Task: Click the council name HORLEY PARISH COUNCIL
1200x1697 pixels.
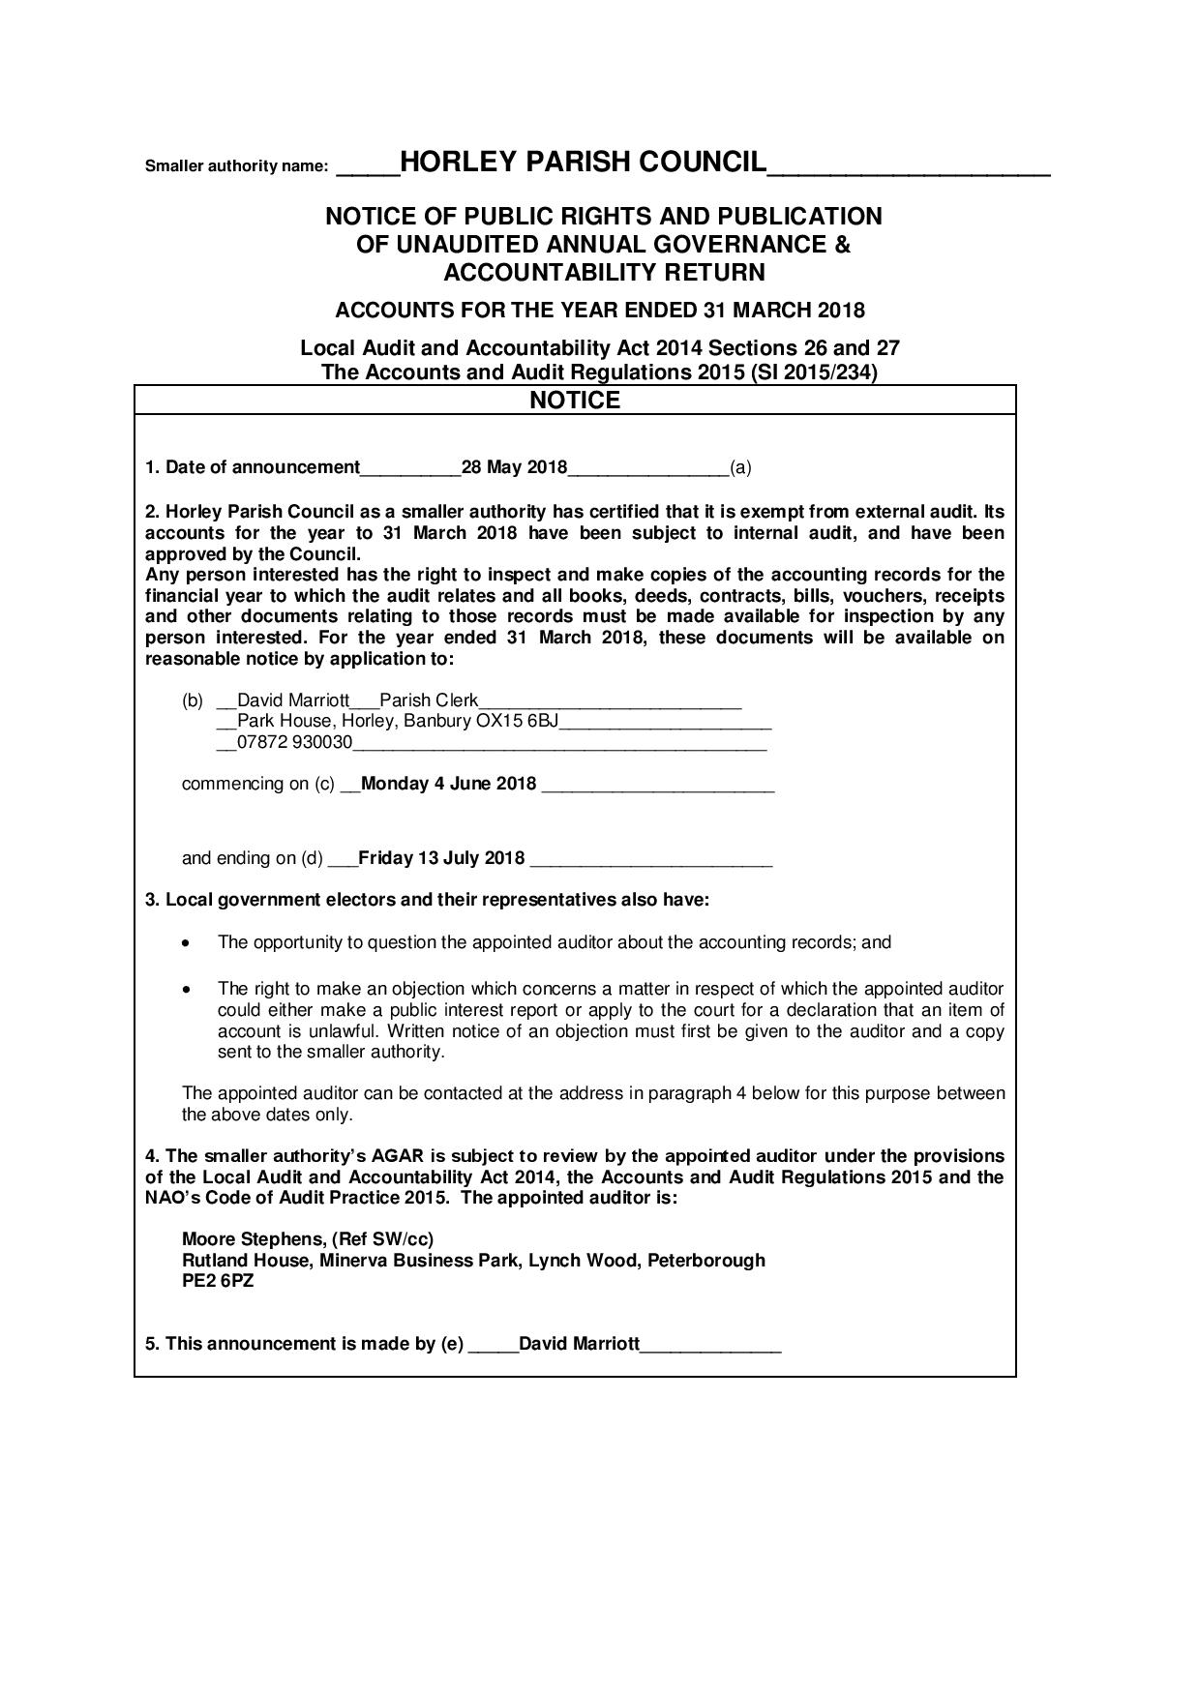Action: point(583,163)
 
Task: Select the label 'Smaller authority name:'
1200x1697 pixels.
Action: point(237,166)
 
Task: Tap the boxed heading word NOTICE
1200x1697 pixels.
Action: point(575,401)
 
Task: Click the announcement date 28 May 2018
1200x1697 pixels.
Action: point(514,468)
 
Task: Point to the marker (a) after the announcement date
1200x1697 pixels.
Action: point(740,468)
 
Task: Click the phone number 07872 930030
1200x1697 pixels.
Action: point(295,743)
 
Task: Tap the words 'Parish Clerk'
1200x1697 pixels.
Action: point(429,700)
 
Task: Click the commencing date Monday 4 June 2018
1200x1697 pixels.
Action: point(448,784)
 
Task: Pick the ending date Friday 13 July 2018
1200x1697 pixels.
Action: point(441,858)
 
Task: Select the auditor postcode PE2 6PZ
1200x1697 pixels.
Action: point(218,1282)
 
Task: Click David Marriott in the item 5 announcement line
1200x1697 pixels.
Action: point(579,1344)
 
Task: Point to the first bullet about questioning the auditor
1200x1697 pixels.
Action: point(554,942)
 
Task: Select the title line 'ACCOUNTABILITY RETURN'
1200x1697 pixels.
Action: point(604,272)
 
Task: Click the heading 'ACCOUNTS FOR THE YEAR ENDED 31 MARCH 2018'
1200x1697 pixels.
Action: point(600,311)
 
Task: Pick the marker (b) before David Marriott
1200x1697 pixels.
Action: point(193,700)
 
